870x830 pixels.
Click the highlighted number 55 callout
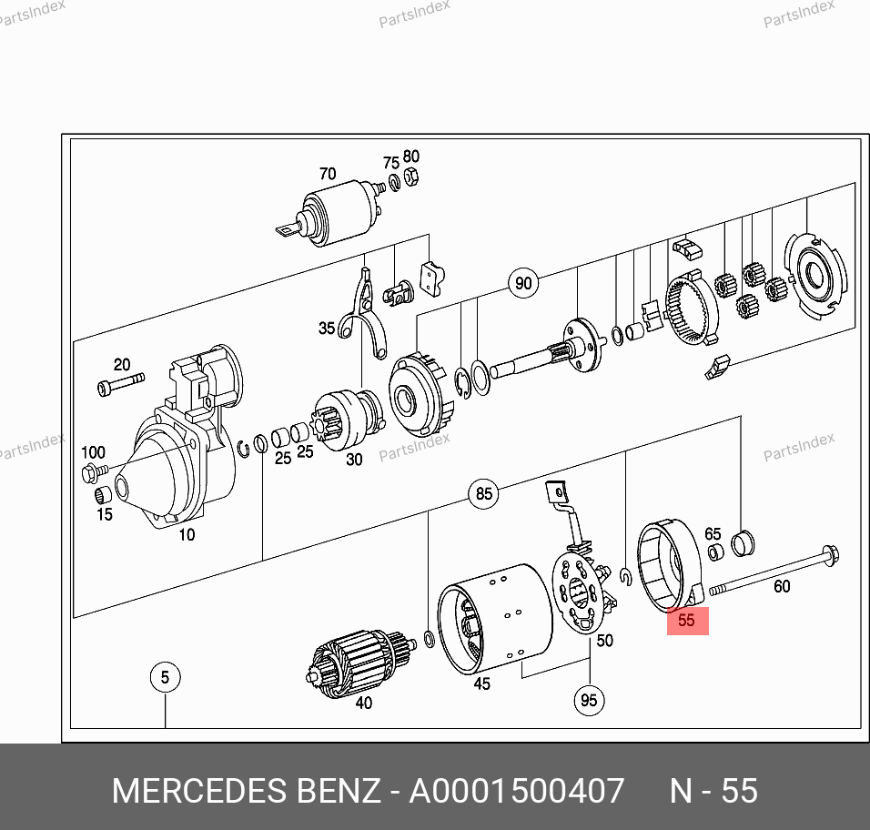[x=687, y=621]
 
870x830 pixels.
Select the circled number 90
[x=523, y=283]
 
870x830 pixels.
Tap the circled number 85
[x=484, y=493]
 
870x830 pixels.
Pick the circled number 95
[x=589, y=700]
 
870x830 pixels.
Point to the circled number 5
[x=165, y=677]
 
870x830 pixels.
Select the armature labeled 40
[x=359, y=663]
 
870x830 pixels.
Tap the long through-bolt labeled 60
[x=774, y=573]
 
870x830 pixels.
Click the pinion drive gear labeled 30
[x=349, y=420]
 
